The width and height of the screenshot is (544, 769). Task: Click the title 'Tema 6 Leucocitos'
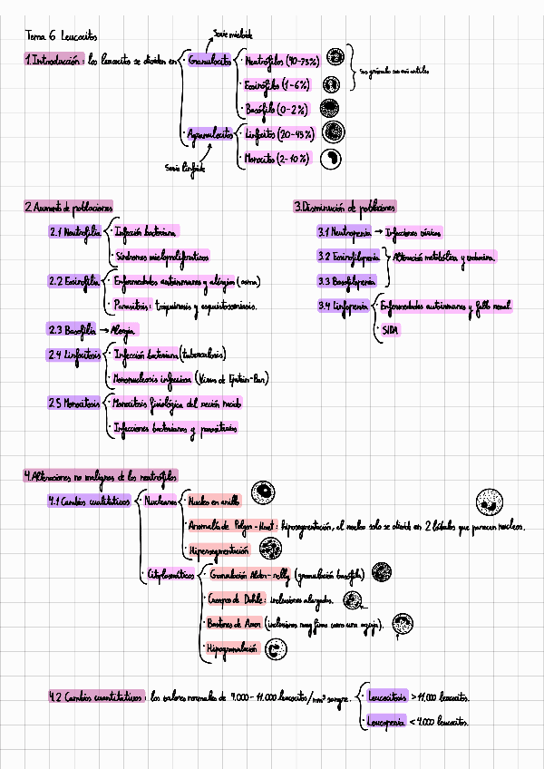(x=52, y=36)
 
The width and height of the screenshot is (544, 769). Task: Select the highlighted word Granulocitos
(x=209, y=62)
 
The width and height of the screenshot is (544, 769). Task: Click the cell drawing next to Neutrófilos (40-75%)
(x=335, y=59)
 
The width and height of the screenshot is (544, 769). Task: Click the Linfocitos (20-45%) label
(x=279, y=134)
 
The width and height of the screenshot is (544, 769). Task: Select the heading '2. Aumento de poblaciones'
(x=68, y=208)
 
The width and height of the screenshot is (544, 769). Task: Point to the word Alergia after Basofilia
(x=126, y=329)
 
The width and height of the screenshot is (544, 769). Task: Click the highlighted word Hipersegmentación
(x=218, y=550)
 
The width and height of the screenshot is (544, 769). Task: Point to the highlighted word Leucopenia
(x=385, y=722)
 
